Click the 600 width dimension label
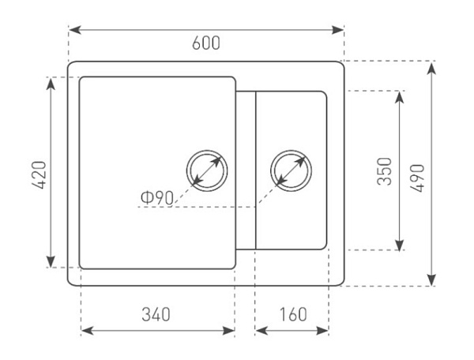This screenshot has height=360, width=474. pos(206,43)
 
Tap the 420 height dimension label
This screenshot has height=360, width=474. pos(39,175)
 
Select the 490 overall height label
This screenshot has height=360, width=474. pos(417,178)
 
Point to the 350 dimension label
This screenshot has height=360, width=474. pos(385,171)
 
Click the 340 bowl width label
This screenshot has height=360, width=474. pos(156,314)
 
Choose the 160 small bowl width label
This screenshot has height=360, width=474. pos(293,314)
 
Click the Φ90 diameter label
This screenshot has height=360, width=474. pos(157,198)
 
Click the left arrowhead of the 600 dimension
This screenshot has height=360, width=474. pos(75,30)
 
